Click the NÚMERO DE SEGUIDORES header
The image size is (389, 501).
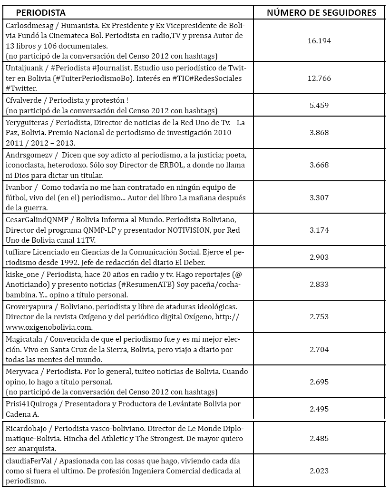(321, 12)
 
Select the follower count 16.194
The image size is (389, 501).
(319, 41)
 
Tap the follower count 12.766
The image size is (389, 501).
(319, 78)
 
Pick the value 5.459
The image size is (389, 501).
(319, 105)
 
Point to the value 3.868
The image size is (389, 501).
(319, 133)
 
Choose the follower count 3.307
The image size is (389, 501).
(319, 197)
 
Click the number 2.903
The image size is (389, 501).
(319, 256)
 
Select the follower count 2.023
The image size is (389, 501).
(319, 471)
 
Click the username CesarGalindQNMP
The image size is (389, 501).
(36, 220)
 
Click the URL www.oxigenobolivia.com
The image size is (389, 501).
(49, 327)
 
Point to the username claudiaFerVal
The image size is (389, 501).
(28, 461)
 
